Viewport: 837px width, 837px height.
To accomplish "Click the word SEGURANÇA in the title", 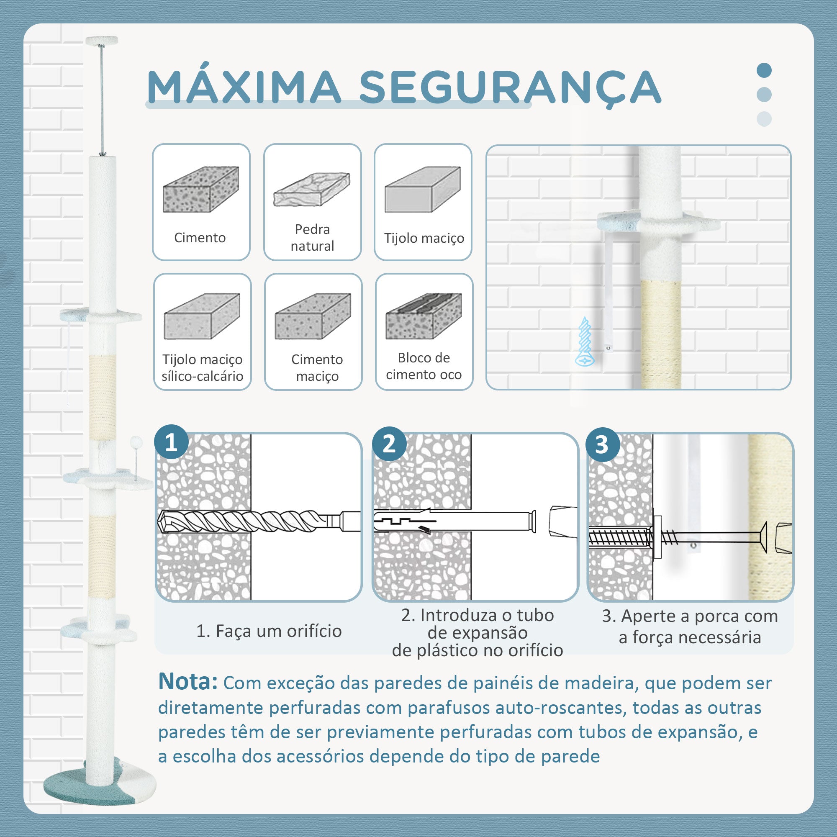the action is [510, 88].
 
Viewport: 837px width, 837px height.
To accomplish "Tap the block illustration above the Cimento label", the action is [201, 189].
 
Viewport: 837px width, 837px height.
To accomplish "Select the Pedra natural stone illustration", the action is [312, 189].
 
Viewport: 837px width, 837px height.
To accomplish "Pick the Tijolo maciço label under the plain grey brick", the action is [424, 238].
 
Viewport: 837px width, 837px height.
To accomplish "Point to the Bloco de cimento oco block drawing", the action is [424, 316].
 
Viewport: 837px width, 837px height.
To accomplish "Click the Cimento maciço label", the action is [317, 367].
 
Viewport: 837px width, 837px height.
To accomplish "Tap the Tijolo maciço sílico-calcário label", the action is [202, 367].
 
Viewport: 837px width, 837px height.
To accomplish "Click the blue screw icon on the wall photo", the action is [586, 341].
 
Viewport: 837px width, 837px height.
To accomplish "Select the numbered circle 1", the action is [172, 443].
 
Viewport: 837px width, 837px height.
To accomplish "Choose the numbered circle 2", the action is [389, 444].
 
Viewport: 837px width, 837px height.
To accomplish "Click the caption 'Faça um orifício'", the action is [279, 631].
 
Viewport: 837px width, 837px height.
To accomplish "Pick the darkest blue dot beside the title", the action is [764, 71].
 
